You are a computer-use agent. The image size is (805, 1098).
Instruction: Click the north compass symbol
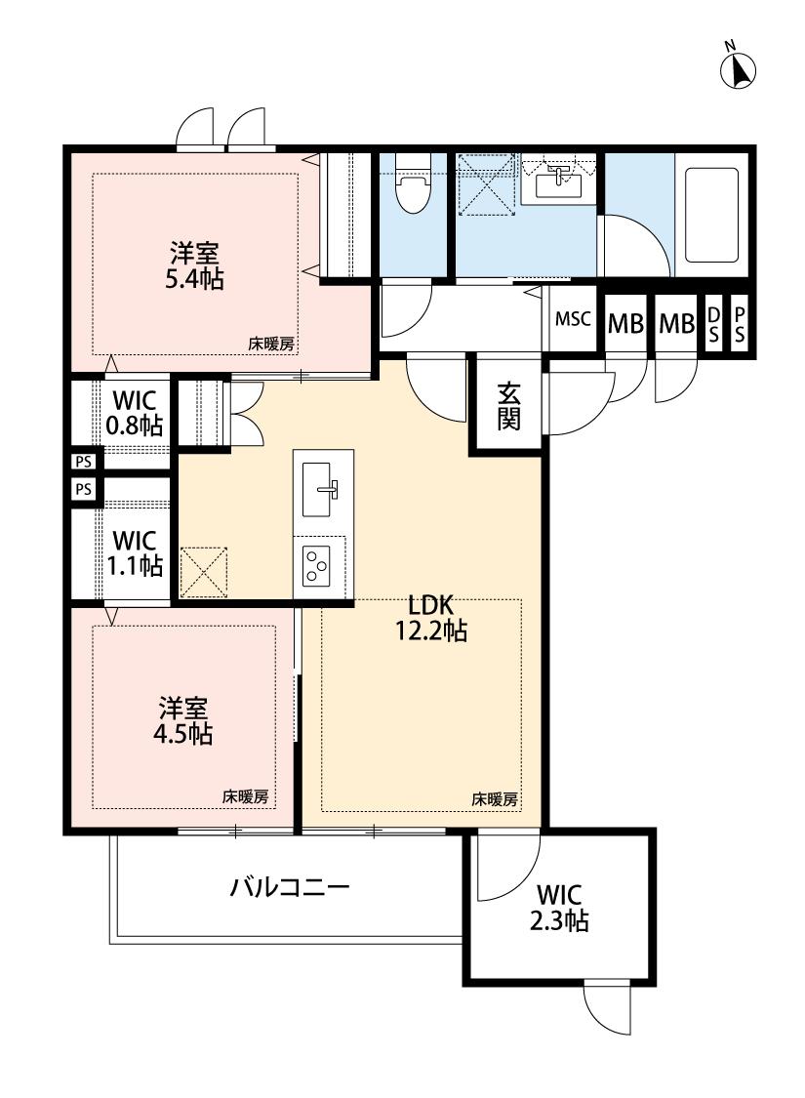[x=739, y=68]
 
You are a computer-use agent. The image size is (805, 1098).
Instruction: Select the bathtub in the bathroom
[x=711, y=215]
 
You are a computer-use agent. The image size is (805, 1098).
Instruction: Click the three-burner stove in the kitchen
[x=319, y=566]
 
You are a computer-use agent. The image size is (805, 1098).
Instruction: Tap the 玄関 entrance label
[x=508, y=406]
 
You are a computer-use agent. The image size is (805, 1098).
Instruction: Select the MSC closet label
[x=573, y=319]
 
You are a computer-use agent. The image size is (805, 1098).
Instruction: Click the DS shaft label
[x=713, y=324]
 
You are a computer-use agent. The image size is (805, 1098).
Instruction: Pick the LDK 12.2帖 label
[x=429, y=619]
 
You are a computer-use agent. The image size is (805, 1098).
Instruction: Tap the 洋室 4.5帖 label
[x=185, y=721]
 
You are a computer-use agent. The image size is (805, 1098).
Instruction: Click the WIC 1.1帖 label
[x=136, y=552]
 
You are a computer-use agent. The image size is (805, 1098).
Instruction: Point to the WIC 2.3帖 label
[x=561, y=907]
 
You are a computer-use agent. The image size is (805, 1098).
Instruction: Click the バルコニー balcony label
[x=289, y=888]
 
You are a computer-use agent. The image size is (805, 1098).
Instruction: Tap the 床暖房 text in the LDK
[x=495, y=798]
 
